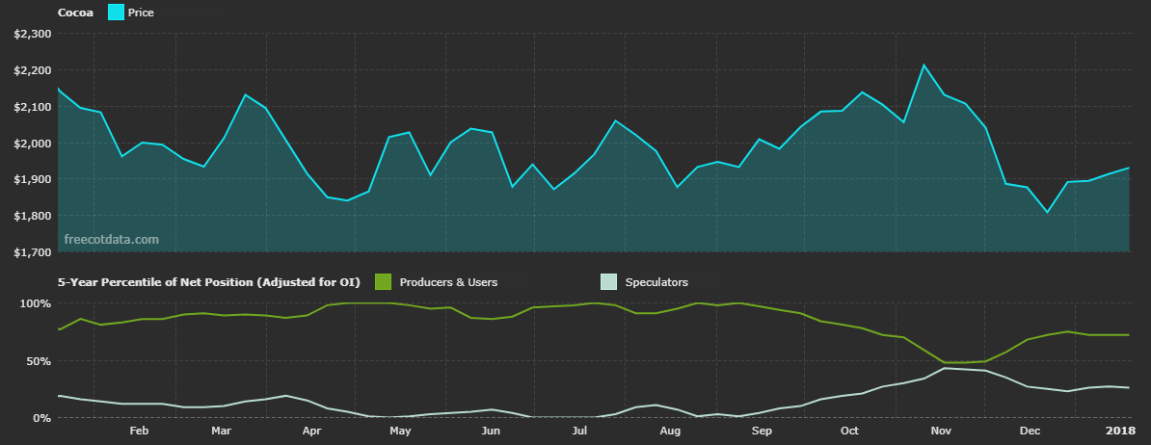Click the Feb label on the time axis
pyautogui.click(x=138, y=431)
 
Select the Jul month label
pyautogui.click(x=579, y=431)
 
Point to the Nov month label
pyautogui.click(x=942, y=431)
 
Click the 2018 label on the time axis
pyautogui.click(x=1120, y=431)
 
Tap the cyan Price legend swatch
pyautogui.click(x=115, y=13)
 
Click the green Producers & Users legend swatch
pyautogui.click(x=383, y=282)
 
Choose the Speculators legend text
pyautogui.click(x=656, y=282)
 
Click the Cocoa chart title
pyautogui.click(x=75, y=13)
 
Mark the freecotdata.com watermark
pyautogui.click(x=111, y=239)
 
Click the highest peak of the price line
pyautogui.click(x=923, y=65)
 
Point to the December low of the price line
pyautogui.click(x=1047, y=212)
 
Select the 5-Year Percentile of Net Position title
pyautogui.click(x=208, y=282)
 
